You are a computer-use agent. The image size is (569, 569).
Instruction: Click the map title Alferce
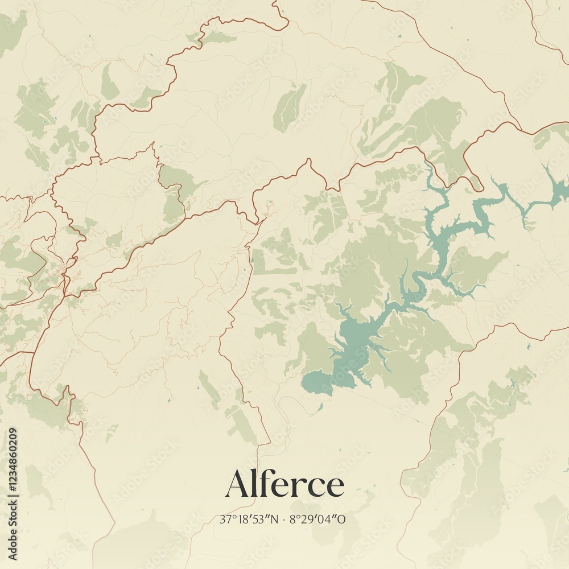coord(284,485)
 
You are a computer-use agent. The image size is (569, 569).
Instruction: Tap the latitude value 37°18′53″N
coord(249,519)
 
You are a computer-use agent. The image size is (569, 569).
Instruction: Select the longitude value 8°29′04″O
coord(318,519)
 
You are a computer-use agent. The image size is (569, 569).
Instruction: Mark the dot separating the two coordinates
coord(283,519)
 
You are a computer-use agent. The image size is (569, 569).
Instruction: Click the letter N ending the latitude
coord(274,519)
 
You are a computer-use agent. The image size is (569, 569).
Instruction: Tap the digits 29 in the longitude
coord(306,519)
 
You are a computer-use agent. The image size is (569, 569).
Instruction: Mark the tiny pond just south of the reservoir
coord(320,406)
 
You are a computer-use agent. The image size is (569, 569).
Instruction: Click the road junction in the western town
coord(67,279)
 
